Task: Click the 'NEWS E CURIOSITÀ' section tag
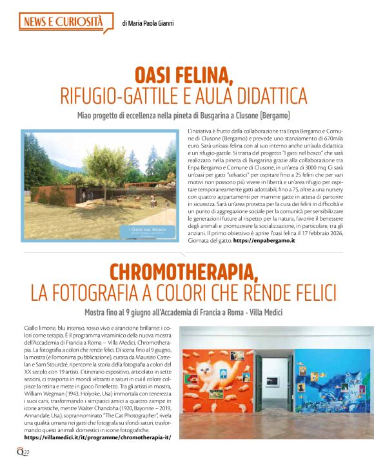tap(63, 23)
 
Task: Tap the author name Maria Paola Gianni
tap(148, 24)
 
